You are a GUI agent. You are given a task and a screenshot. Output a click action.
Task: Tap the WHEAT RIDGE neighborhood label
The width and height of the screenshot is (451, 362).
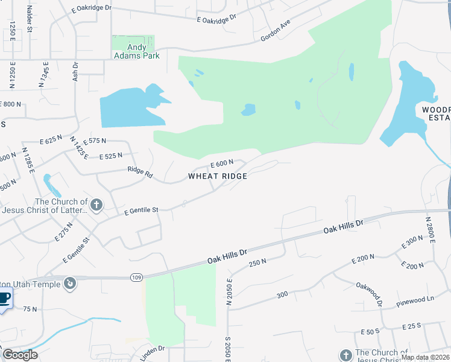(218, 176)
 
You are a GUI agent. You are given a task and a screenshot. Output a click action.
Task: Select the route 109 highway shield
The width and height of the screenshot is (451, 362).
(136, 277)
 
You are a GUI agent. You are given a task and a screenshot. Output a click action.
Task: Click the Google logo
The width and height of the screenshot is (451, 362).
(20, 355)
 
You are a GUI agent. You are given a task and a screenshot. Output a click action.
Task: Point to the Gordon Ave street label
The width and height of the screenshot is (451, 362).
(276, 30)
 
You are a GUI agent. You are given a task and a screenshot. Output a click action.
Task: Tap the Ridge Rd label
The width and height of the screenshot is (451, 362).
(140, 172)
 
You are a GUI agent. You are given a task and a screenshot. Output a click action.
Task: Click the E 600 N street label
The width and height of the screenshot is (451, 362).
(221, 163)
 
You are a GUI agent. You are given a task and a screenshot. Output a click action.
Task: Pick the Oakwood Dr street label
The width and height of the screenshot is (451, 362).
(369, 293)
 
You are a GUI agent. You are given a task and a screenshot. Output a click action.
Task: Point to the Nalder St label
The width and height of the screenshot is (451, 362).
(29, 20)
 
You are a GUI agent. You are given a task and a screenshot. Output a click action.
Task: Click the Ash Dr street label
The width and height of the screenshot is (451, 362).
(75, 71)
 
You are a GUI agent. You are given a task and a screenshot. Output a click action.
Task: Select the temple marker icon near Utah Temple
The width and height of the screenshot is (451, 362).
(71, 282)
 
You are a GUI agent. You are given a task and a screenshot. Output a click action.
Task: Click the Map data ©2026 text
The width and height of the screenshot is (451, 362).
(424, 357)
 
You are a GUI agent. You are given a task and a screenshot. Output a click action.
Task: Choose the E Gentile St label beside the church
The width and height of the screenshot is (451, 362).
(140, 211)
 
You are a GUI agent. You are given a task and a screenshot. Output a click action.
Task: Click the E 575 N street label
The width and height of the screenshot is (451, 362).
(95, 141)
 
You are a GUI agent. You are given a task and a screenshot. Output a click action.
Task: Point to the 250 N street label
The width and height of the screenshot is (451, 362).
(257, 262)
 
